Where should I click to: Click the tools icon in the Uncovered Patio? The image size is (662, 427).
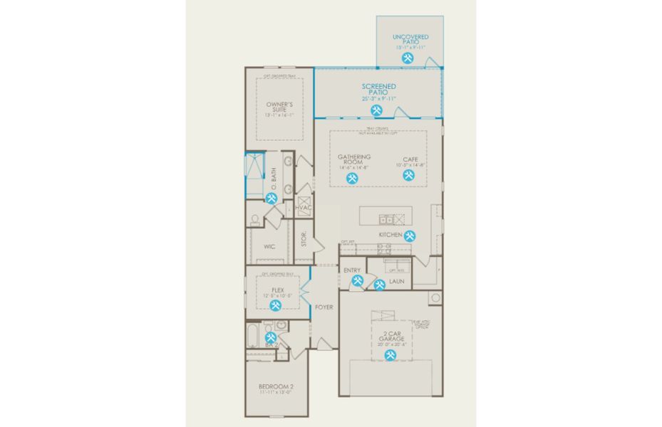408,58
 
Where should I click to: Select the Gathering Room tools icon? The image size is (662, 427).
352,180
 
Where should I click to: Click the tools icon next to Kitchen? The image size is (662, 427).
410,236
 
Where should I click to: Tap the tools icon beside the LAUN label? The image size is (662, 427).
379,285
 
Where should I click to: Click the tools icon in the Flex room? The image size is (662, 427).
276,304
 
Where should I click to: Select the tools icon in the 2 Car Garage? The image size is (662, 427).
391,354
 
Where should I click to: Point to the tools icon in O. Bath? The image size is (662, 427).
271,198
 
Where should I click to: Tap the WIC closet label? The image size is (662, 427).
269,247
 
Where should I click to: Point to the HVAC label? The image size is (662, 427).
304,207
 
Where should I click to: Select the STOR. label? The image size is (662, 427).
304,241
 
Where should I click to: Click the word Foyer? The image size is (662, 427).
324,307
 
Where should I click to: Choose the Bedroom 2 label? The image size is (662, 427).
276,389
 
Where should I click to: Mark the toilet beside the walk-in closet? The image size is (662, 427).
254,219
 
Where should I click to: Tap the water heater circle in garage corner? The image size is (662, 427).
434,297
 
